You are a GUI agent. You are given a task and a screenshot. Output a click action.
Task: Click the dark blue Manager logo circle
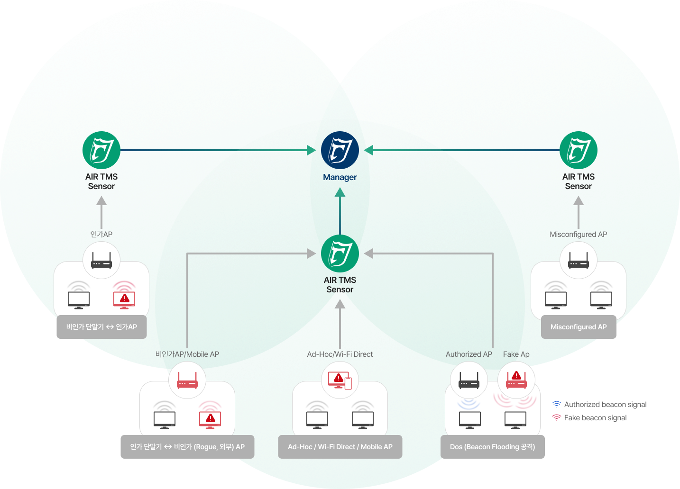pos(340,150)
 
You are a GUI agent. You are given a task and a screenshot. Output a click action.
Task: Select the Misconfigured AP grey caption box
pos(579,327)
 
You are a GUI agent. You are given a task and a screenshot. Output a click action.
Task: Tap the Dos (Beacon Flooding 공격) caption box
pos(492,447)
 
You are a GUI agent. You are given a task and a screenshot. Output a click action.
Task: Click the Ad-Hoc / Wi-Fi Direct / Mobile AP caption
pos(340,447)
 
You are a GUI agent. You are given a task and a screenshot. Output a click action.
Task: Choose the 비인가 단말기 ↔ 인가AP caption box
pos(101,327)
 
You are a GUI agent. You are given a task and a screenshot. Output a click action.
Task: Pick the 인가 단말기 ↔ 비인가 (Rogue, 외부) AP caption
pos(187,447)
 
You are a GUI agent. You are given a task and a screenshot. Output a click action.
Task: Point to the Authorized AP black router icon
pos(469,380)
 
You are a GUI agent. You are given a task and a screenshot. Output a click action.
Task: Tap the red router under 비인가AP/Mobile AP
pos(187,380)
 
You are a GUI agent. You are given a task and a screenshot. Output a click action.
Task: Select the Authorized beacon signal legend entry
pos(599,405)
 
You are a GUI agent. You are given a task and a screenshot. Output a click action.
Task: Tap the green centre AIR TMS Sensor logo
pos(340,254)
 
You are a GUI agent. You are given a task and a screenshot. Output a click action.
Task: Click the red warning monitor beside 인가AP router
pos(124,299)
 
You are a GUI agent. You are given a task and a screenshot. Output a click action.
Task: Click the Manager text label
pos(340,177)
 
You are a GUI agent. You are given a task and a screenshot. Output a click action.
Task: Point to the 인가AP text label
pos(101,234)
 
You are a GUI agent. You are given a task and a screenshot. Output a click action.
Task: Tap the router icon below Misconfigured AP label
pos(578,261)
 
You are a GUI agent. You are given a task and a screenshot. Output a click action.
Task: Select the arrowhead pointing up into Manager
pos(340,192)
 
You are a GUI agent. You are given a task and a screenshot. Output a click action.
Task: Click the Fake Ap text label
pos(516,354)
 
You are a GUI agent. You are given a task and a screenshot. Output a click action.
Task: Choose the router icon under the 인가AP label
pos(101,261)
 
